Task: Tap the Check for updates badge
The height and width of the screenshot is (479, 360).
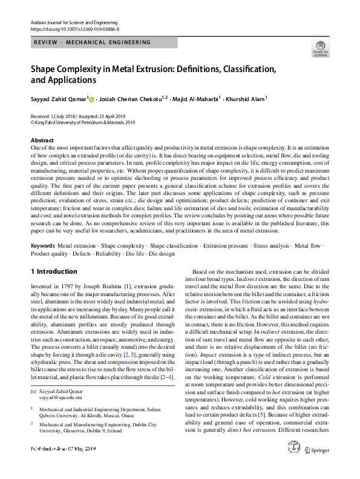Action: [x=320, y=48]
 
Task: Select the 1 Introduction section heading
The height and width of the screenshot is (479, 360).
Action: [x=54, y=271]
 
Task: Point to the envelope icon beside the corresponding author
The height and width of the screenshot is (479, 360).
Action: [x=34, y=393]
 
